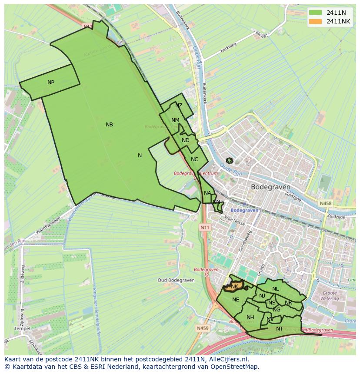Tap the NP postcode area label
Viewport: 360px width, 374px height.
coord(51,83)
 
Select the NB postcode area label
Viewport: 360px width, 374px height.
coord(109,125)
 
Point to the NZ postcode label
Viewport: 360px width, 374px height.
coord(179,106)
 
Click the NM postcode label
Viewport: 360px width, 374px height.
coord(175,120)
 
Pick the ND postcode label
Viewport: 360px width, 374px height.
coord(186,140)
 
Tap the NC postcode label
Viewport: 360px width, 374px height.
coord(194,159)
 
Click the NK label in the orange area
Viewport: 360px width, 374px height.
coord(234,287)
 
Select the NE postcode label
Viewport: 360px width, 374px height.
coord(236,300)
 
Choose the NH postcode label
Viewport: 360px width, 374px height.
coord(250,318)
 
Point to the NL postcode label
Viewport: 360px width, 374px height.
coord(275,289)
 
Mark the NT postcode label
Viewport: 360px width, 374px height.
coord(279,329)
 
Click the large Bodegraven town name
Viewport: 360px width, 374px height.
coord(270,187)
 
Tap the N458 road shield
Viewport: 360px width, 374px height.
coord(325,203)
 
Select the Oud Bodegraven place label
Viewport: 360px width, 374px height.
coord(175,280)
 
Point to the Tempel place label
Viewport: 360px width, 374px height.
coord(22,328)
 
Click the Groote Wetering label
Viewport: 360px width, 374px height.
coord(329,296)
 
